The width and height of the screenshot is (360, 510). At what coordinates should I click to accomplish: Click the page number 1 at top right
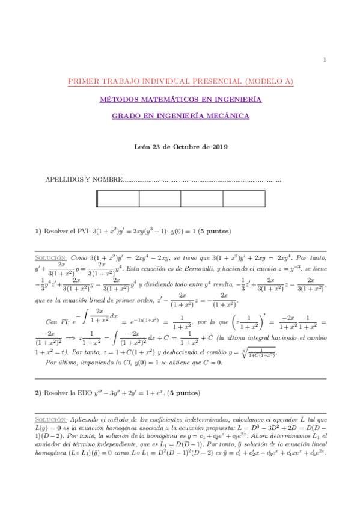(325, 60)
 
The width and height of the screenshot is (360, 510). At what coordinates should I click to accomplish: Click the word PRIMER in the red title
(82, 82)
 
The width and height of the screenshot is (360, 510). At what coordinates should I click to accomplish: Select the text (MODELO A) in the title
(265, 82)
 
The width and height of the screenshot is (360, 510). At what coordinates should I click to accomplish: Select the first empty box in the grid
(118, 199)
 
